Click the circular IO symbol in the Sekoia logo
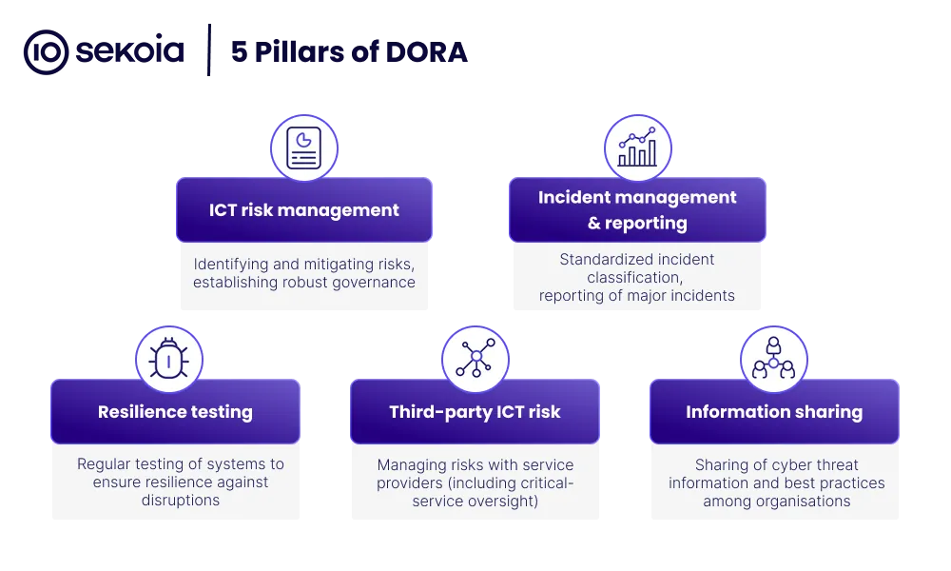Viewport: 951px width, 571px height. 46,52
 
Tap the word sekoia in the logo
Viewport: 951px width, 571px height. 129,51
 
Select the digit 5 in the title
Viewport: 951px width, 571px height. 239,52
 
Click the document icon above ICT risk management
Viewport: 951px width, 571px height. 304,148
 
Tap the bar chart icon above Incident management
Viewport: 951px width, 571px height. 637,147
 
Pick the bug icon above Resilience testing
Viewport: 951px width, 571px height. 168,359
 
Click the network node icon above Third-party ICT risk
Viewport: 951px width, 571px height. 475,358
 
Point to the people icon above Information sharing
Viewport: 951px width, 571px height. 773,358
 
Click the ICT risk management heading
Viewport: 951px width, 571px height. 304,210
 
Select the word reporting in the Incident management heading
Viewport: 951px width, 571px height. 646,224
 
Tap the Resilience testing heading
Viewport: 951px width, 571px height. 175,412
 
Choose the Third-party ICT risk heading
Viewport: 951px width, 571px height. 475,412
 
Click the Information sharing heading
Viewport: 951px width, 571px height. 774,412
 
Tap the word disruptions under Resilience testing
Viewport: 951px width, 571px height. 181,500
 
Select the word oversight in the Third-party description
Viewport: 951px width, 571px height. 507,502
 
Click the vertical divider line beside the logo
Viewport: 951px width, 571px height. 209,50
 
